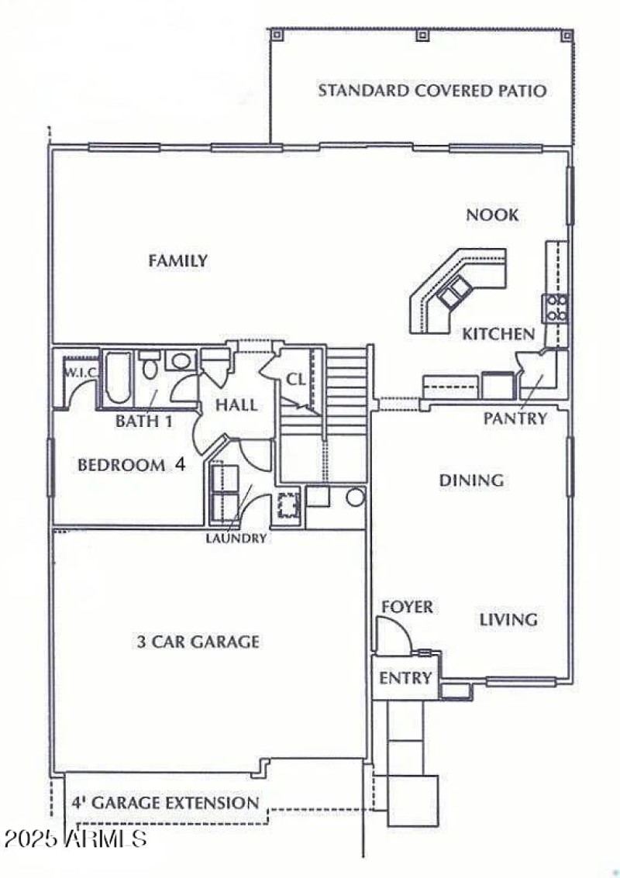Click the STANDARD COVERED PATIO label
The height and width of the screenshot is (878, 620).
click(432, 91)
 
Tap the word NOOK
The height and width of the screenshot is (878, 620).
click(492, 215)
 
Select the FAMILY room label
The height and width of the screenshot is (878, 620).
click(178, 261)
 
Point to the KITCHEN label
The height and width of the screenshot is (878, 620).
click(498, 334)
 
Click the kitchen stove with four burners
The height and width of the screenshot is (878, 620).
click(556, 308)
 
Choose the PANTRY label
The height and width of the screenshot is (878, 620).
click(515, 418)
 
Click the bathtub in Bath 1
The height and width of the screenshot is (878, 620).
click(118, 378)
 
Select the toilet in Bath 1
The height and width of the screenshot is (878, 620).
click(150, 366)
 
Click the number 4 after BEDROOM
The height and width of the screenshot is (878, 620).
click(179, 466)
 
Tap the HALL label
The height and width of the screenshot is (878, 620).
click(236, 405)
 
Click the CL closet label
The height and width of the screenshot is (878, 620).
click(296, 380)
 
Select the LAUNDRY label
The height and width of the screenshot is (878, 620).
click(236, 538)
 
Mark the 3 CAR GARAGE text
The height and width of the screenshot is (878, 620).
click(198, 642)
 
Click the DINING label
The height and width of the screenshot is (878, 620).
click(471, 480)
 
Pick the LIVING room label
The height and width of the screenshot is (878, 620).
click(508, 620)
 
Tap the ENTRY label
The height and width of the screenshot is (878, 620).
click(405, 679)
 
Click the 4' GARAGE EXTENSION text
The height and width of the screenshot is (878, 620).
click(165, 803)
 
